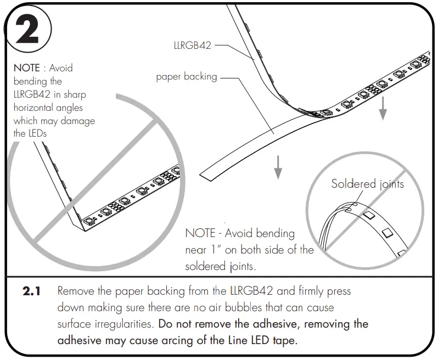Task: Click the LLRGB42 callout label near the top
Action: [192, 46]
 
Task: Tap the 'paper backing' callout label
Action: [187, 77]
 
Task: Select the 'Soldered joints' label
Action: [367, 184]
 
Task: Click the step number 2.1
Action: [32, 291]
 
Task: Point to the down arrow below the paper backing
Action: [278, 167]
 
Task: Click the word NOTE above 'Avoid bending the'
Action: [26, 68]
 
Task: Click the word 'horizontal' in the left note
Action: [33, 107]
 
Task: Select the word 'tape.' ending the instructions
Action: [285, 340]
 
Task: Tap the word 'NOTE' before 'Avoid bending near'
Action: [200, 233]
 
